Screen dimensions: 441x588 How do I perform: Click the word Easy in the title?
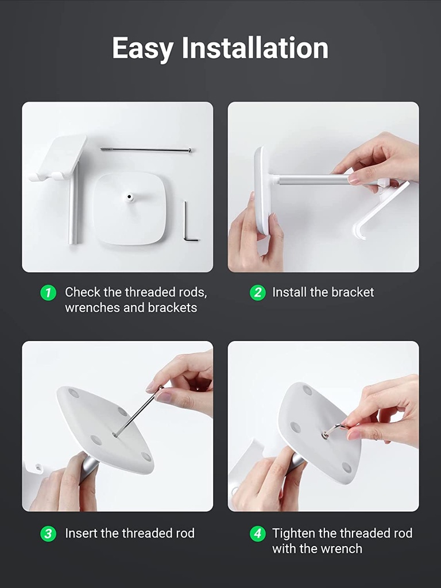(x=143, y=48)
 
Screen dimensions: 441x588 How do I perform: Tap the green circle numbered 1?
(x=48, y=292)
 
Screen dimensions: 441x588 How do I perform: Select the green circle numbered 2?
(x=258, y=292)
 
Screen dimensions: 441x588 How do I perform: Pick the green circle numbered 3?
(x=48, y=533)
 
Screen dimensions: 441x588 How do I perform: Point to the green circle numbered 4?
(x=258, y=533)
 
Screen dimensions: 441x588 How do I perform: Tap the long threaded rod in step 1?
(x=146, y=150)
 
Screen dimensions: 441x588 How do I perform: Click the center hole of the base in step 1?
(x=129, y=196)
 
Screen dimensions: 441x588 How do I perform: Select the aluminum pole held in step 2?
(x=313, y=179)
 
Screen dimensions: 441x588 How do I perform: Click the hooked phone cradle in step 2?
(x=379, y=208)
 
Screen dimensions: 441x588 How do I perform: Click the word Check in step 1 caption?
(x=83, y=292)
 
